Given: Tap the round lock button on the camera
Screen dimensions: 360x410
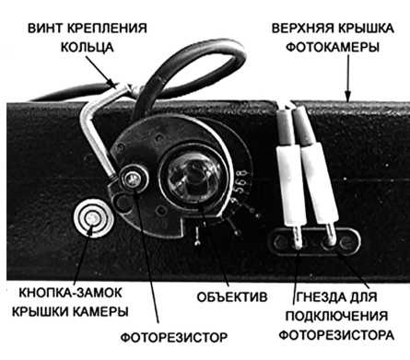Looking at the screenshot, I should pyautogui.click(x=91, y=219).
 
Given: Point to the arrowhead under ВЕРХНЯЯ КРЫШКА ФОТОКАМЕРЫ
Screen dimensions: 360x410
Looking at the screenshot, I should pyautogui.click(x=346, y=96).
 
